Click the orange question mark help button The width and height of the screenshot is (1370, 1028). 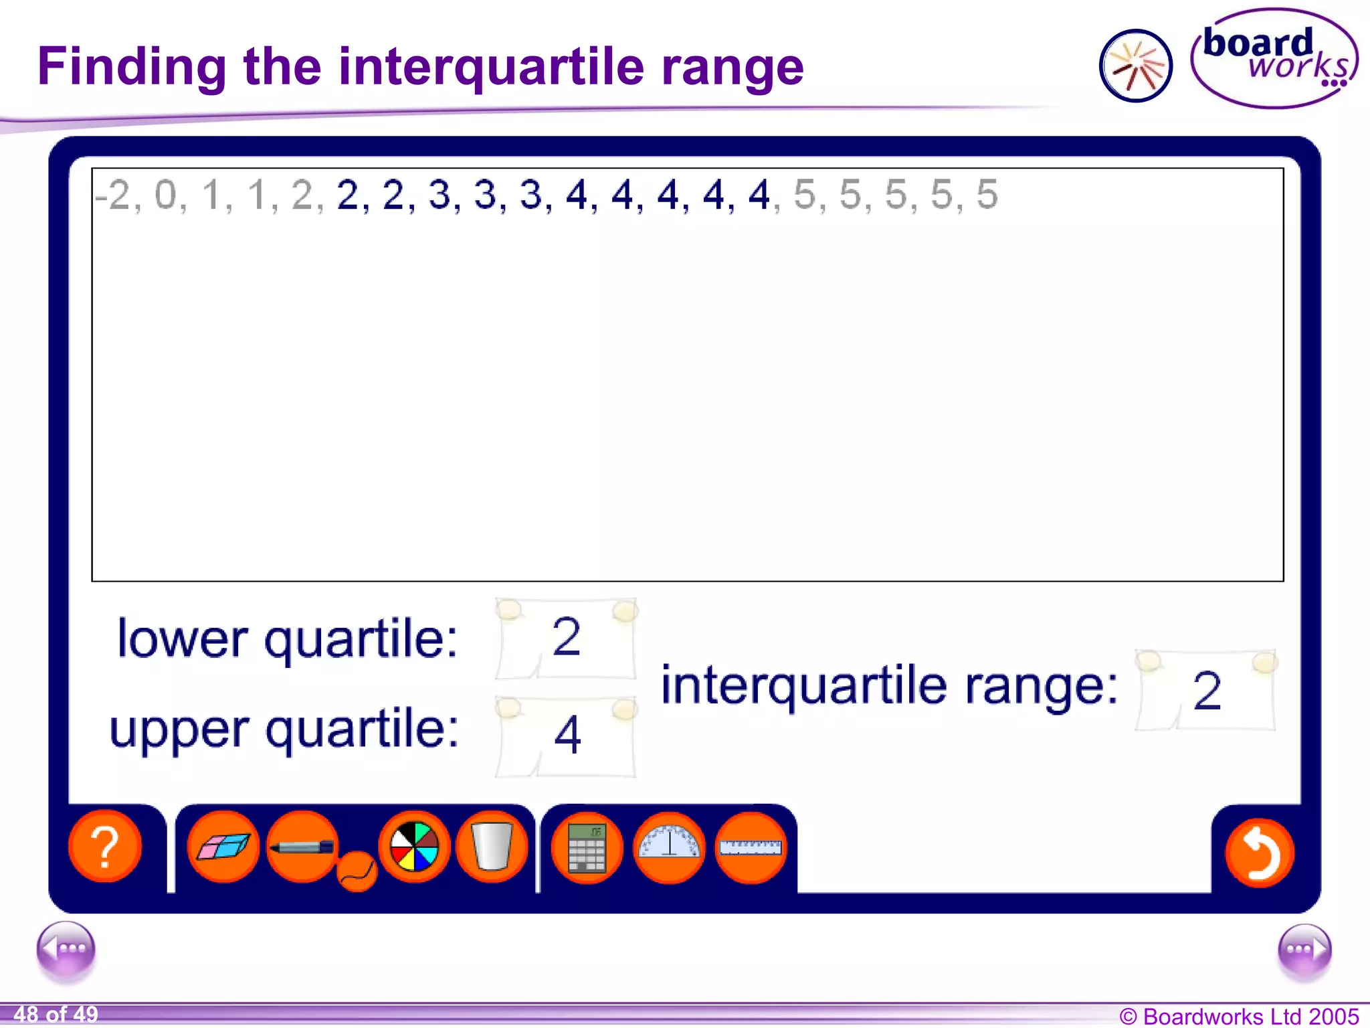(x=105, y=847)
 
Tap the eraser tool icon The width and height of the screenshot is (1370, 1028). (x=223, y=847)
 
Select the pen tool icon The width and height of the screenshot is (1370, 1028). (x=302, y=847)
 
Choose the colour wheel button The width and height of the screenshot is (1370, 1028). (x=414, y=847)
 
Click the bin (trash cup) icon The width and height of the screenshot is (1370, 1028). (x=492, y=847)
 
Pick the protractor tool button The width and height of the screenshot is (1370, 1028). (x=669, y=847)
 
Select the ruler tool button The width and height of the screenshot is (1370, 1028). (x=751, y=847)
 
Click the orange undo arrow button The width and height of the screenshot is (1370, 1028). (x=1259, y=853)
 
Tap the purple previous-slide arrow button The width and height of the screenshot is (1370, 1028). (x=66, y=949)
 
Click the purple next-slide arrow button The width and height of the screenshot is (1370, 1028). (x=1304, y=949)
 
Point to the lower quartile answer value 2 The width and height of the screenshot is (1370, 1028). (x=566, y=637)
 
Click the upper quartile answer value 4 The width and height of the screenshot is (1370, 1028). (x=567, y=735)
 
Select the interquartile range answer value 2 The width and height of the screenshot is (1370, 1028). (x=1207, y=691)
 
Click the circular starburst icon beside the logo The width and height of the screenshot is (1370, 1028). (x=1135, y=66)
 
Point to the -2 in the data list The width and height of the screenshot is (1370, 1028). (x=112, y=195)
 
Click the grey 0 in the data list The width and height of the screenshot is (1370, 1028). (x=165, y=195)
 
